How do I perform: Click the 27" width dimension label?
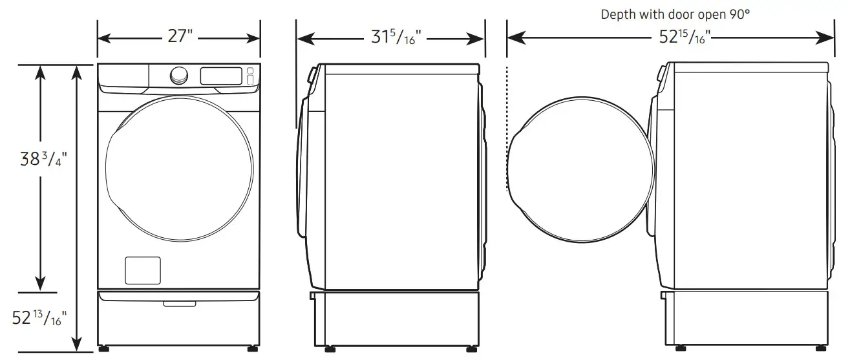[x=180, y=37]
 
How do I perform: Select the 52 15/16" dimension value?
[x=679, y=38]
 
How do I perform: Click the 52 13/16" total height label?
[x=40, y=317]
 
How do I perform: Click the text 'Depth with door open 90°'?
[x=675, y=14]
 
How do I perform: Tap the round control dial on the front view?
[x=179, y=76]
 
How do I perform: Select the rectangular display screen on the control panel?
[x=221, y=76]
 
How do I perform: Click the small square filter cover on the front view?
[x=142, y=270]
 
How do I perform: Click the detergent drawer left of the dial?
[x=124, y=76]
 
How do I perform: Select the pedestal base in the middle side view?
[x=395, y=319]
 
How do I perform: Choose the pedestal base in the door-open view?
[x=745, y=319]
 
